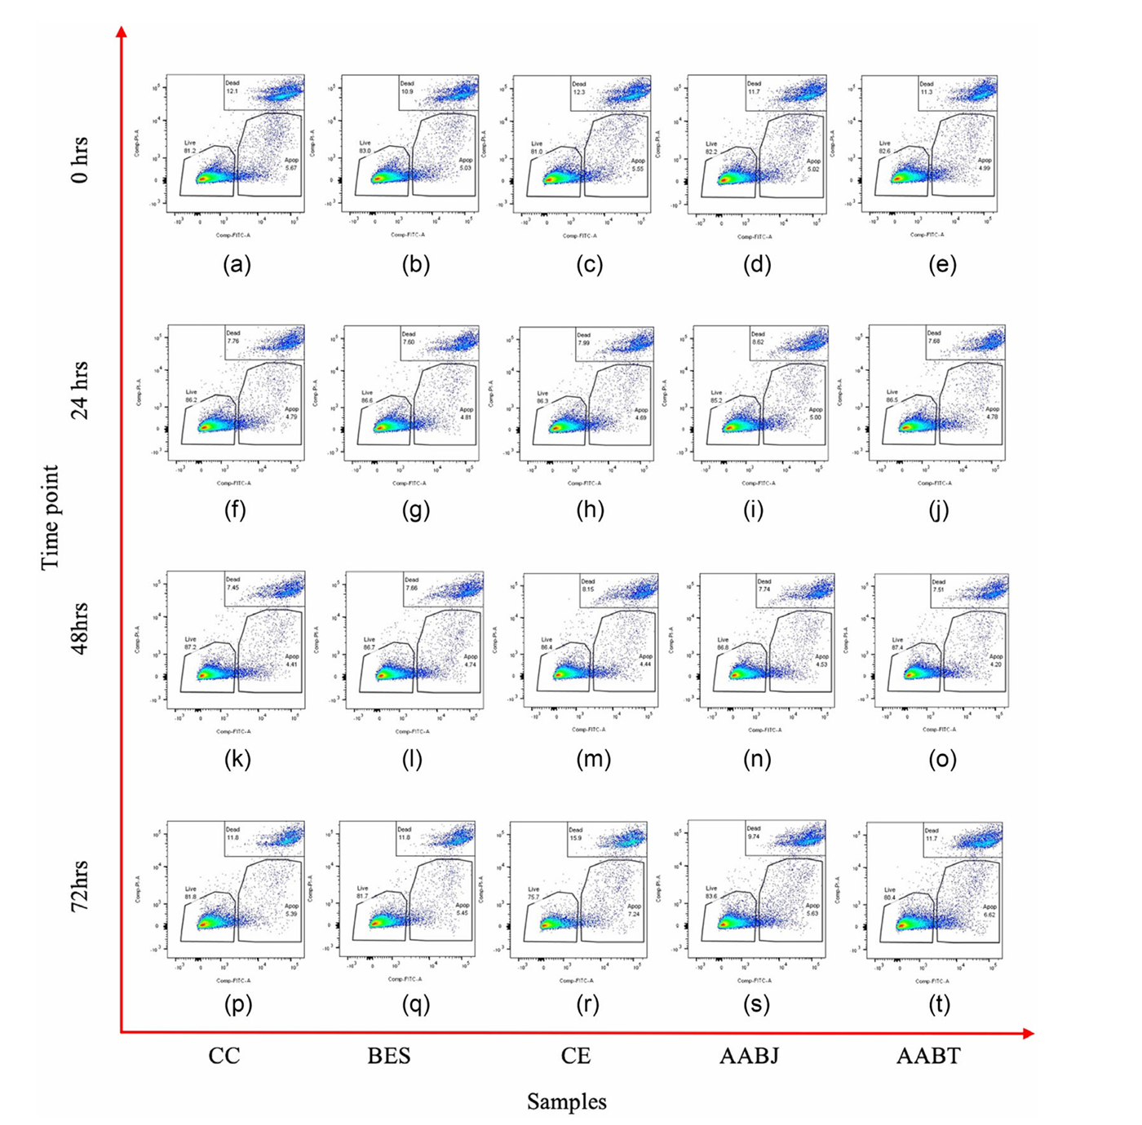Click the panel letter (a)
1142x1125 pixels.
tap(237, 265)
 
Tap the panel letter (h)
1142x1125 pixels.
tap(590, 510)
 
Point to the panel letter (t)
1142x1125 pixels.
tap(939, 1004)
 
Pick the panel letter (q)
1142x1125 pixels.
tap(416, 1004)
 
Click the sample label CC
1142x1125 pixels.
tap(224, 1056)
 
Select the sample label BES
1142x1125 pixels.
tap(389, 1056)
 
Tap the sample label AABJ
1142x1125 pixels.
tap(749, 1056)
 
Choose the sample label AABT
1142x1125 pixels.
tap(928, 1056)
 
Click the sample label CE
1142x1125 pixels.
tap(575, 1056)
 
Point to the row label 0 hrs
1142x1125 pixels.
tap(79, 161)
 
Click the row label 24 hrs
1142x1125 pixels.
tap(79, 390)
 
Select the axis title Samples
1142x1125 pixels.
tap(566, 1101)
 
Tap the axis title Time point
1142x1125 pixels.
tap(51, 518)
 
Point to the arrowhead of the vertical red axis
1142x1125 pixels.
tap(122, 32)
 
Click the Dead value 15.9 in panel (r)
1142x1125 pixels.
tap(576, 837)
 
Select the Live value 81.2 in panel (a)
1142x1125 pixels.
tap(190, 151)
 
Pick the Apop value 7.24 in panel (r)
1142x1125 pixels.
tap(634, 914)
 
